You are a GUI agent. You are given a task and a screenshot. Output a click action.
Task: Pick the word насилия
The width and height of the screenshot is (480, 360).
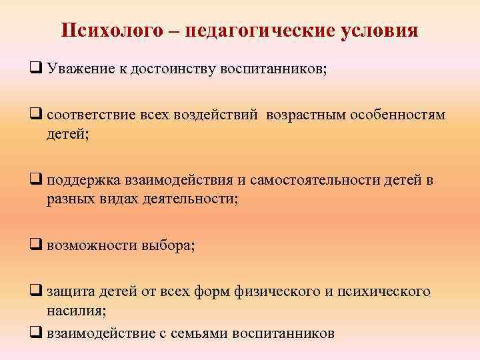click(76, 310)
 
